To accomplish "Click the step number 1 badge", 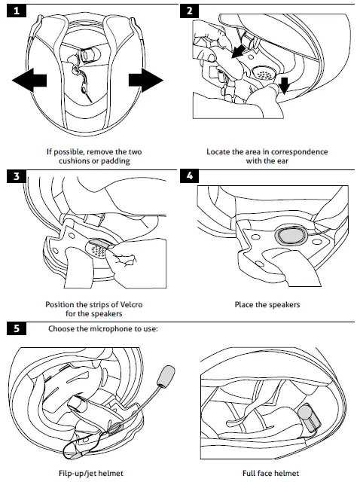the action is (x=17, y=11).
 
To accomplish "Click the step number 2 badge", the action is (x=189, y=11).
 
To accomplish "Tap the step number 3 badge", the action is (x=17, y=176).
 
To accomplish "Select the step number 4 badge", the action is (x=189, y=176).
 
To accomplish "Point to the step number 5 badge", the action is (x=17, y=328).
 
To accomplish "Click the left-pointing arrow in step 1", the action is (x=29, y=81).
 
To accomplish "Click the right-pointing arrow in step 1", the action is (x=145, y=81).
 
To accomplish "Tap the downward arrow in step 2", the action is (x=285, y=85).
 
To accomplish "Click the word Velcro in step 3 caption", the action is (x=130, y=304).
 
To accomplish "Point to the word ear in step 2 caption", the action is (x=282, y=160).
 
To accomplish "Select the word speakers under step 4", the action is (x=283, y=305).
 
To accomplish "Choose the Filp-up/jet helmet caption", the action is (x=91, y=473).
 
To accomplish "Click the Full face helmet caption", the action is (x=270, y=473).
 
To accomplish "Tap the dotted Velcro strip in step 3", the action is (x=99, y=248).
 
